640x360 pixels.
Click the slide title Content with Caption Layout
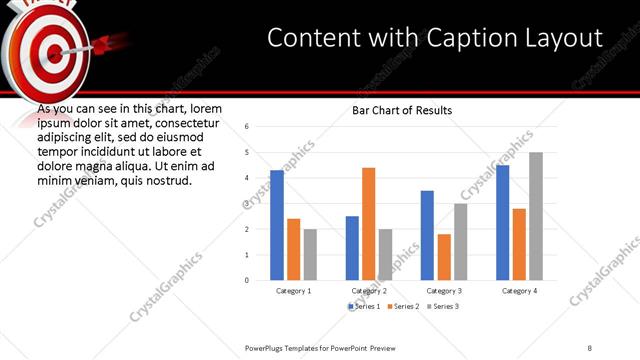[435, 38]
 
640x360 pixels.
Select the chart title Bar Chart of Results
[402, 110]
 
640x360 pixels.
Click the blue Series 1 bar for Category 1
[277, 225]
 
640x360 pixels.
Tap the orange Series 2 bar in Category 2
[368, 224]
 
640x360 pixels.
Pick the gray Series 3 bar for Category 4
[536, 216]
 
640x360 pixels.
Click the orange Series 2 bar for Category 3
[444, 257]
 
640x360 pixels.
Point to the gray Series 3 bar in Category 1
[310, 254]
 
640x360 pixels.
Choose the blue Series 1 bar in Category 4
[502, 222]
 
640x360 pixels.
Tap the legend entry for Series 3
[443, 306]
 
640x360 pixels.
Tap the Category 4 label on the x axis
[518, 291]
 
